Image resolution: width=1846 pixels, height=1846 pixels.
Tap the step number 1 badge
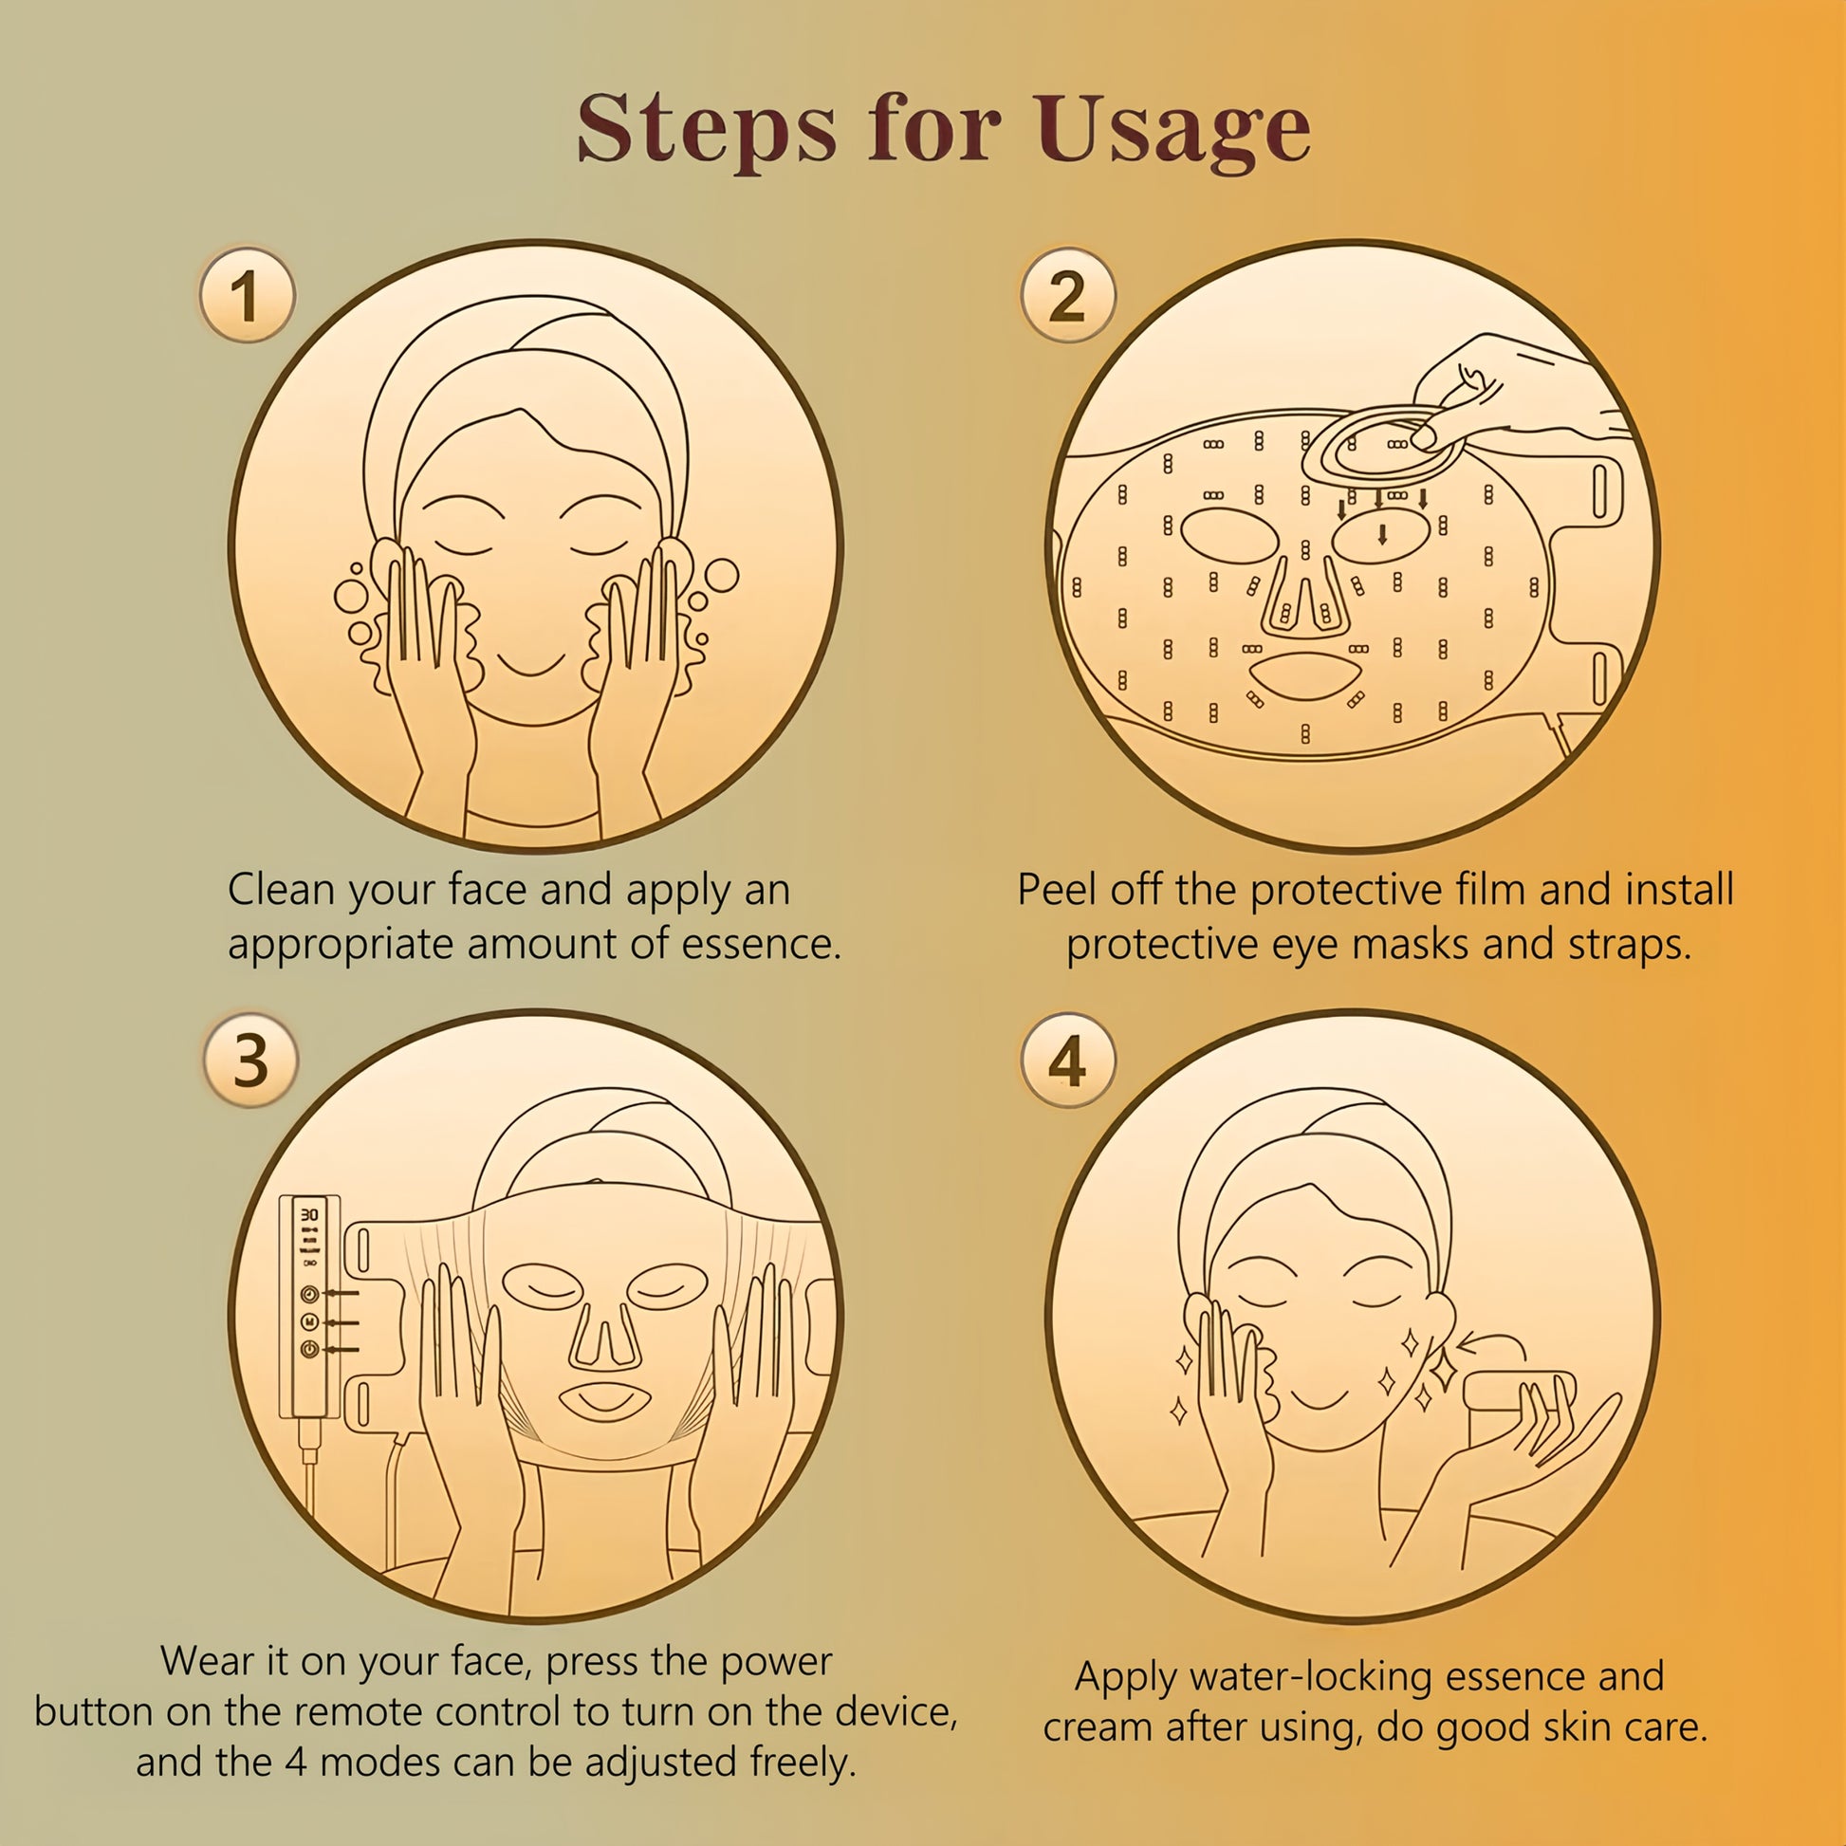click(x=248, y=295)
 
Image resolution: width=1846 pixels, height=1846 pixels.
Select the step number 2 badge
click(x=1068, y=295)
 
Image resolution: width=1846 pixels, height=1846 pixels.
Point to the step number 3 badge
click(x=250, y=1060)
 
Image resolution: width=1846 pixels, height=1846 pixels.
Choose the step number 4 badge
click(x=1068, y=1060)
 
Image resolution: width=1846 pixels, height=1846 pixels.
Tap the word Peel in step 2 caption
click(x=1057, y=890)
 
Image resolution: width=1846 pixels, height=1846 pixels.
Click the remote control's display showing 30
click(x=309, y=1213)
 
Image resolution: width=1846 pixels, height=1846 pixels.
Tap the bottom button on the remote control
click(x=309, y=1348)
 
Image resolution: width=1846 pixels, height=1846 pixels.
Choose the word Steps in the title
click(x=706, y=131)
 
